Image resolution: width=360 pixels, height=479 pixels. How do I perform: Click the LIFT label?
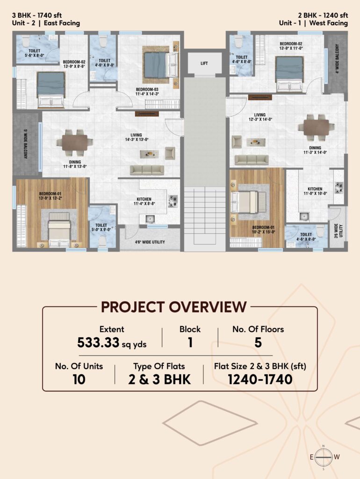(x=204, y=63)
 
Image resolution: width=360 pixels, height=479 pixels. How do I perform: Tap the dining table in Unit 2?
(x=74, y=143)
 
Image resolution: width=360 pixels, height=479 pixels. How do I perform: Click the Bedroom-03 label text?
(x=147, y=89)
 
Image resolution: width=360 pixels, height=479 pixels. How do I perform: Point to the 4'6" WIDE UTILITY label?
(x=150, y=242)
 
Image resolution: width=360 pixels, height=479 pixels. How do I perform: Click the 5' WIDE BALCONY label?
(x=26, y=144)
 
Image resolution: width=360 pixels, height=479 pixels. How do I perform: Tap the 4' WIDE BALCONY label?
(x=337, y=59)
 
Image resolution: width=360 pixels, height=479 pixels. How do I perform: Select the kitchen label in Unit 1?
(x=315, y=189)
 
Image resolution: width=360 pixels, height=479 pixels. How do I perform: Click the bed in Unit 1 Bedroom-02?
(x=289, y=74)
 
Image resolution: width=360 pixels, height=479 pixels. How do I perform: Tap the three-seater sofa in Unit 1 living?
(x=252, y=160)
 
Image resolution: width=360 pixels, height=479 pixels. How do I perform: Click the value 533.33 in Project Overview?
(x=98, y=342)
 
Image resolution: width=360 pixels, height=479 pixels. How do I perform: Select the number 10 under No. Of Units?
(x=79, y=379)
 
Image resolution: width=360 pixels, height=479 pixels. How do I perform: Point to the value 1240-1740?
(x=260, y=379)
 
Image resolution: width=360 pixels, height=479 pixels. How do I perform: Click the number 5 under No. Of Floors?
(x=258, y=342)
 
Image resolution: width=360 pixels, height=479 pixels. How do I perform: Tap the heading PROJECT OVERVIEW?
(x=174, y=307)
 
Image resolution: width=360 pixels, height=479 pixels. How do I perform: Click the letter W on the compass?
(x=337, y=457)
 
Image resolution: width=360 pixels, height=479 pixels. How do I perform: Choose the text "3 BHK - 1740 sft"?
(x=37, y=15)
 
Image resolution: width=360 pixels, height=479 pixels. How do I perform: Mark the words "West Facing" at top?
(x=329, y=23)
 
